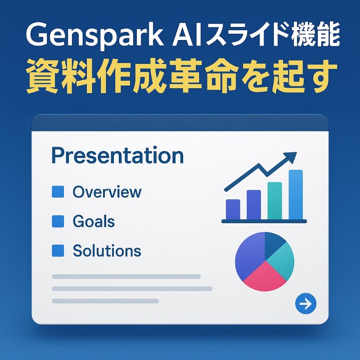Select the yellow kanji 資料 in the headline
(x=60, y=76)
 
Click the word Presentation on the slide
(x=117, y=156)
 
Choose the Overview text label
(x=107, y=192)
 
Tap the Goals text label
(x=94, y=221)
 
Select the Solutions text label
(x=107, y=251)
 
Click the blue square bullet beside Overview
(x=58, y=192)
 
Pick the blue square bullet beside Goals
(x=58, y=221)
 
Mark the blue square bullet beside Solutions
(x=58, y=251)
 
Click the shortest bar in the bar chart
(x=233, y=209)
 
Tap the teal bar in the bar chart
(x=274, y=201)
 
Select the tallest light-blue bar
(x=296, y=195)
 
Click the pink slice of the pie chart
(x=265, y=277)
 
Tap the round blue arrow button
(x=306, y=304)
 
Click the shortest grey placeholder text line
(x=105, y=301)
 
